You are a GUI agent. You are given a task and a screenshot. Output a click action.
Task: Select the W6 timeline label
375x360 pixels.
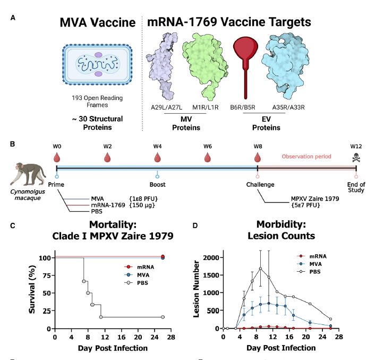coord(207,146)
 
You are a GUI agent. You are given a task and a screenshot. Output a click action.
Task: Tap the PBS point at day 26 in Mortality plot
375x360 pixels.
coord(163,317)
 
